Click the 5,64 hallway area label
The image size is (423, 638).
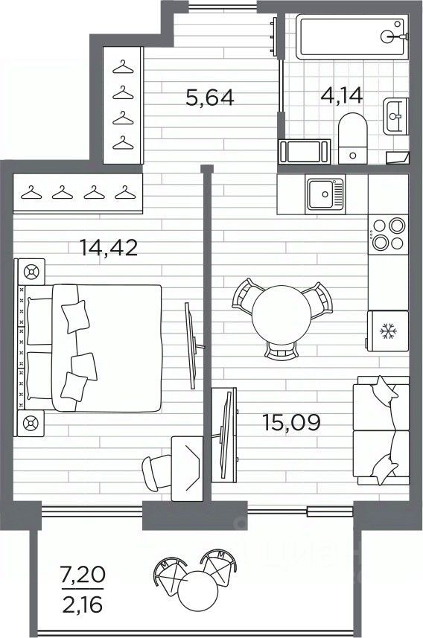pos(210,98)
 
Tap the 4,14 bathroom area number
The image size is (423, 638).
pos(341,95)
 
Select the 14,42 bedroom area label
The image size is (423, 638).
pos(109,247)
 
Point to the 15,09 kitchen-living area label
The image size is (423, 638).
pos(291,422)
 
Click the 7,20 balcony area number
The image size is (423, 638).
pos(83,575)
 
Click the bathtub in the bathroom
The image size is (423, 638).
pos(352,36)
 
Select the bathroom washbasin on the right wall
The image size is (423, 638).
pos(395,116)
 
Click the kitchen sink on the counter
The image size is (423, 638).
pos(325,194)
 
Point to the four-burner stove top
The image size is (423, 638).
pos(388,235)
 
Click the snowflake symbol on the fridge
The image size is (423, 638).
pos(387,331)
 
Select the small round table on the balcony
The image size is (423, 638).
pos(198,590)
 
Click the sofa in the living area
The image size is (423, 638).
pos(381,430)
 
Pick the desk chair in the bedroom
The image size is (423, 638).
pos(157,473)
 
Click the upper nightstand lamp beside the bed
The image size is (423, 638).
pos(31,272)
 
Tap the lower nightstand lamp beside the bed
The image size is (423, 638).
pos(31,423)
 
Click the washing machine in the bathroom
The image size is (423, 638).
pos(304,151)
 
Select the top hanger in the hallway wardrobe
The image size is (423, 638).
pos(123,68)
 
